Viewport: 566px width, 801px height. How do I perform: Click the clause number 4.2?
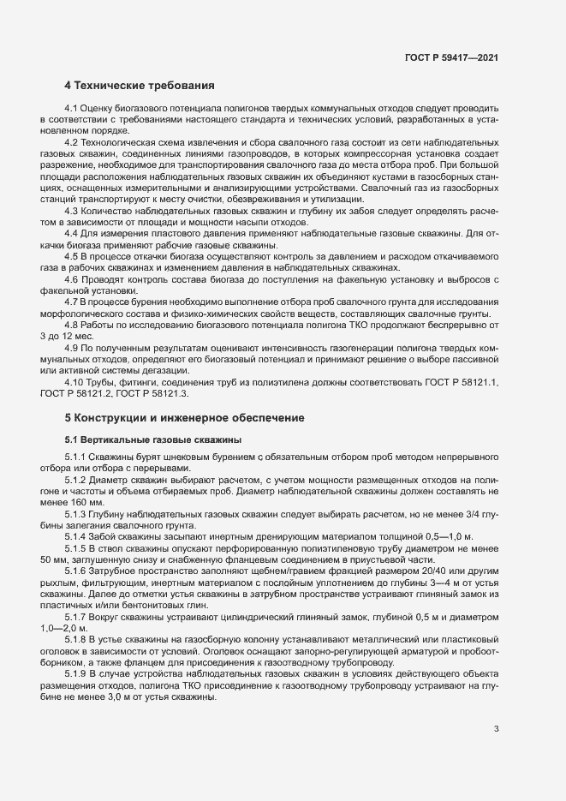point(73,140)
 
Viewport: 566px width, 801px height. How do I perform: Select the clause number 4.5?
point(73,256)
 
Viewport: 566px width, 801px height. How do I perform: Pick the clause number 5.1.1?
point(78,457)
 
